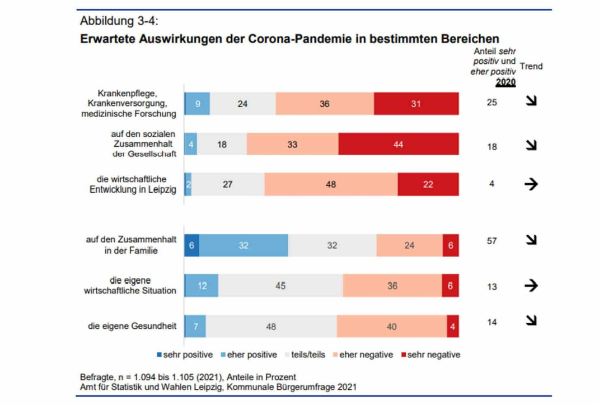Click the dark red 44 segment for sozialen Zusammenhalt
coord(399,144)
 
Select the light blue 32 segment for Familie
coord(243,245)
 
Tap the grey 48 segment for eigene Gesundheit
coord(271,327)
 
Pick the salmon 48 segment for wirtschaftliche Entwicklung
coord(331,184)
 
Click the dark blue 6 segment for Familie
coord(192,245)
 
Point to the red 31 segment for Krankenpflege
coord(416,104)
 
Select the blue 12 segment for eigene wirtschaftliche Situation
coord(202,286)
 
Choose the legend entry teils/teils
coord(307,355)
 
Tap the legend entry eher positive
coord(251,355)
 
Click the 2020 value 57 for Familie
coord(492,241)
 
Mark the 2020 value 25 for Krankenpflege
coord(492,103)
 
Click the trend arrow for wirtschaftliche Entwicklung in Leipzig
coord(530,184)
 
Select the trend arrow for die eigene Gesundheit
coord(530,320)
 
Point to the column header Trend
coord(531,66)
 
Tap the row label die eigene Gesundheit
coord(132,326)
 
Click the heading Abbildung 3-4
coord(119,21)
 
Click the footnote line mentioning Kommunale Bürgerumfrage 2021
coord(218,387)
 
